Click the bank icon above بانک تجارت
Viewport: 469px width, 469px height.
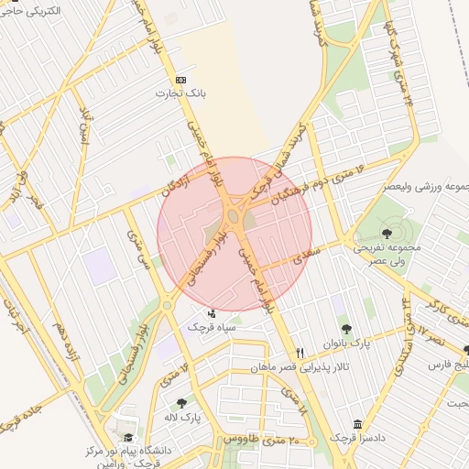180,80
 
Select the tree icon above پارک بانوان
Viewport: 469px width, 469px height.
345,329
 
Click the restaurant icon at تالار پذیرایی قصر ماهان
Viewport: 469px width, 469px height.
300,354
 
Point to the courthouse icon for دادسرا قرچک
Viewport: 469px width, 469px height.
356,424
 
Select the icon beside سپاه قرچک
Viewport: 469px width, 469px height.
213,314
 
